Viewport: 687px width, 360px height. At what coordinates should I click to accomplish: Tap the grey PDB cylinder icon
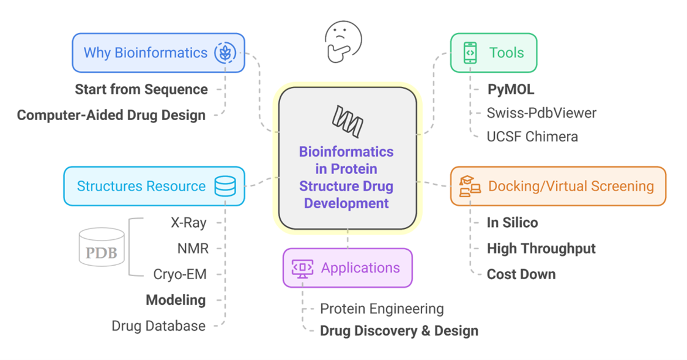point(102,247)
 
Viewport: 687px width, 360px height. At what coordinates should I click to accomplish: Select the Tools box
point(493,53)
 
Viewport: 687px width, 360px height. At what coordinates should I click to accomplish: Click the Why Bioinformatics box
point(158,53)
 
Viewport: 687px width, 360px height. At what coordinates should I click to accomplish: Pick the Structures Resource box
point(154,186)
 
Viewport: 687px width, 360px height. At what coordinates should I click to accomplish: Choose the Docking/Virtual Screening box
point(557,186)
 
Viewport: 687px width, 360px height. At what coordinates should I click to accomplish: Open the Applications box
point(347,268)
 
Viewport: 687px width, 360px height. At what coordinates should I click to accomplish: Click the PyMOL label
point(511,90)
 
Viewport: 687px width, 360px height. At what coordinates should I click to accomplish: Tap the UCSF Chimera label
point(532,137)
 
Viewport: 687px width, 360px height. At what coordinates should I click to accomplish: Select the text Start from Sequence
point(141,90)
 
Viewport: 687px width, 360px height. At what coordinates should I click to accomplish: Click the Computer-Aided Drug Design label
point(111,115)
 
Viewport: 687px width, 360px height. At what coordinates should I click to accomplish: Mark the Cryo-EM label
point(180,274)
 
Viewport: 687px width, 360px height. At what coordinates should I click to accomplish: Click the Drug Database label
point(159,326)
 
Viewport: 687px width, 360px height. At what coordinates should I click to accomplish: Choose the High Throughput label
point(541,249)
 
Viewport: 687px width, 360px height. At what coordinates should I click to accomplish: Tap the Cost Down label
point(521,274)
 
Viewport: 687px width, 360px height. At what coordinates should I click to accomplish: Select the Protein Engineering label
point(382,308)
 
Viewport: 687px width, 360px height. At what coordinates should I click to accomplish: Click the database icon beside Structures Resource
point(225,186)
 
